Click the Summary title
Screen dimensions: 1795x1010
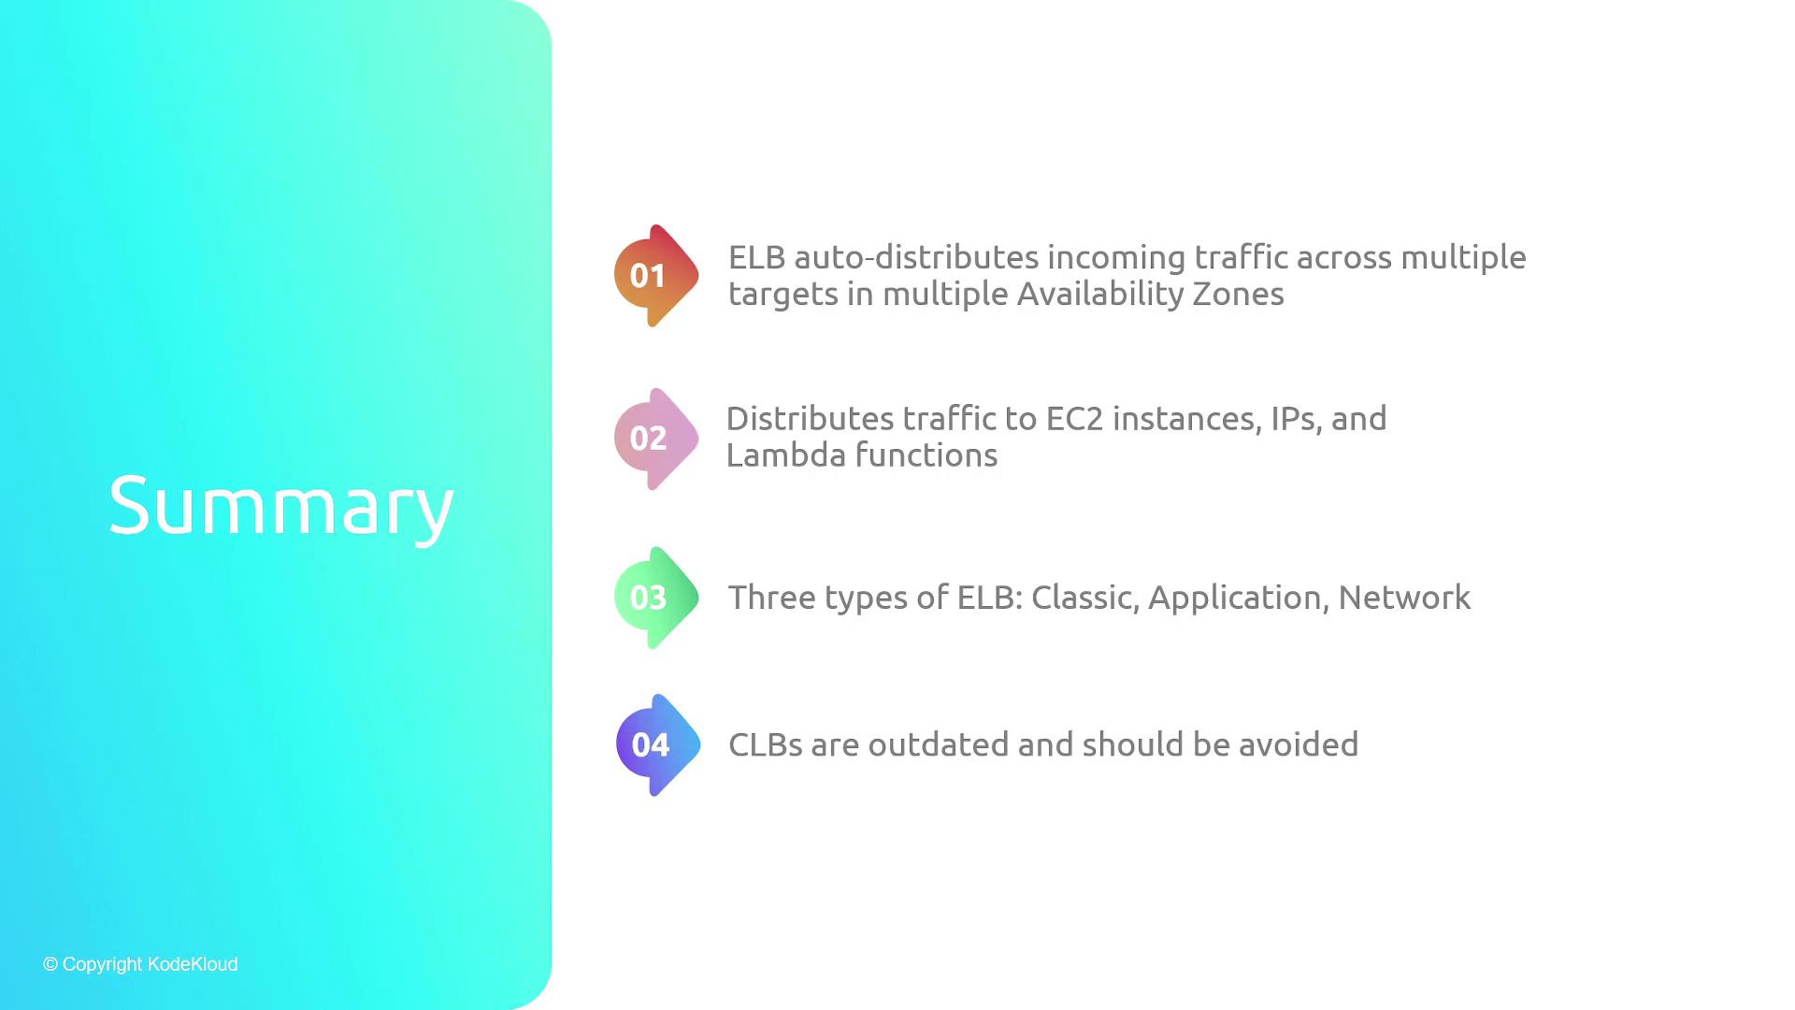click(x=280, y=506)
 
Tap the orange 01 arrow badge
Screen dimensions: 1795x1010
click(x=656, y=276)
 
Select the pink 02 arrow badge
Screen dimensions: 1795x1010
click(x=656, y=439)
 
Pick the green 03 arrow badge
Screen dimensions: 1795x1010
click(x=656, y=598)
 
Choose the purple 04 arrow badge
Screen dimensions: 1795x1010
click(x=658, y=745)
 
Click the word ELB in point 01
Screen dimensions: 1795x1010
click(x=756, y=257)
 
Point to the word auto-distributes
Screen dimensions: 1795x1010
click(x=915, y=257)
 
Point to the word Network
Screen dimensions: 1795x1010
click(x=1404, y=598)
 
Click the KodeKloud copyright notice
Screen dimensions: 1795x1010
click(x=140, y=964)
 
